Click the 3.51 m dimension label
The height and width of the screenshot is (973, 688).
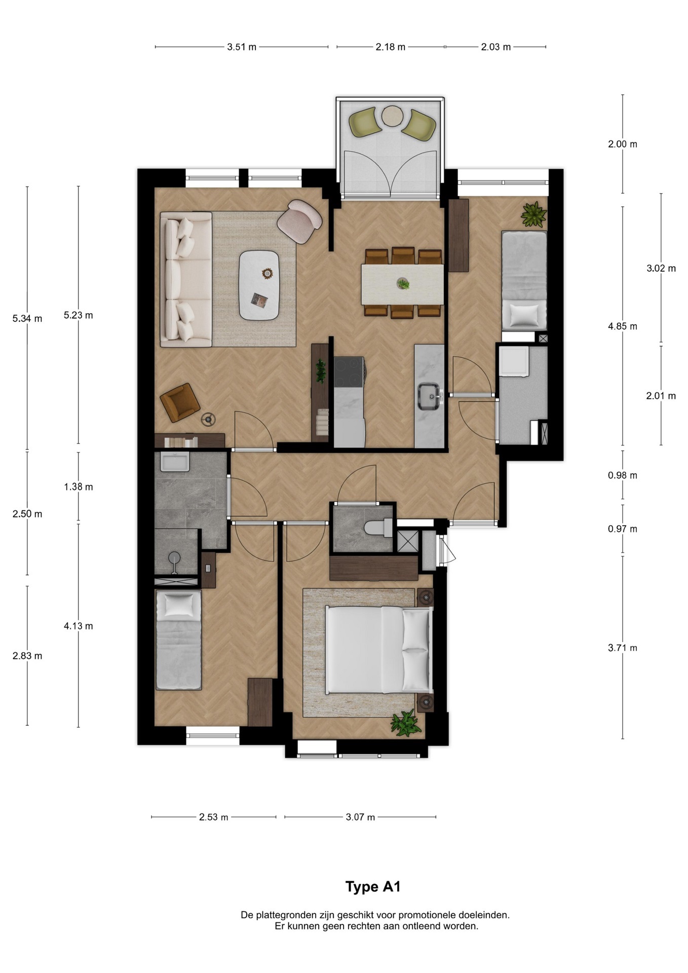point(242,47)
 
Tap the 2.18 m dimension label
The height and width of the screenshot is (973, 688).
point(390,47)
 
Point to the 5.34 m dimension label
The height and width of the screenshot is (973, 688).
point(27,319)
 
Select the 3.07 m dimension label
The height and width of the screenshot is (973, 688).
point(360,817)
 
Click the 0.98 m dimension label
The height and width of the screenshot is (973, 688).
point(623,475)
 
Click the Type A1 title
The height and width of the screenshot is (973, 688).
point(373,887)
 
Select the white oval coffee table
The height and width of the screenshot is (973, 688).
point(259,285)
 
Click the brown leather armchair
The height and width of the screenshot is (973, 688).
point(179,402)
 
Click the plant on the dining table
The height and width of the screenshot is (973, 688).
point(403,284)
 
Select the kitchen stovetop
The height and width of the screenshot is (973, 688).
point(349,372)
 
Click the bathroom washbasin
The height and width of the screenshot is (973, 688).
point(175,462)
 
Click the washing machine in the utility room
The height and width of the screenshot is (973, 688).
point(514,361)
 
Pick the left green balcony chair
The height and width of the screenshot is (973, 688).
point(365,122)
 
